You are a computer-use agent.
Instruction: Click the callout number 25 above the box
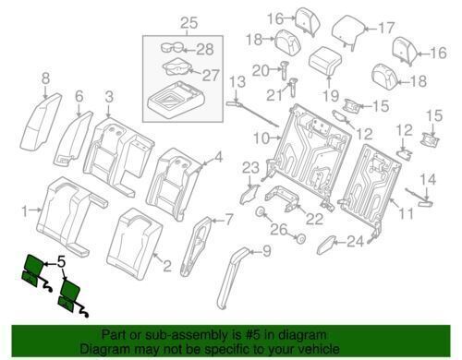tap(188, 23)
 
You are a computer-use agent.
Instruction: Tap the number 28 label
tap(205, 50)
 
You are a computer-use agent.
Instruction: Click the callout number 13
tap(237, 82)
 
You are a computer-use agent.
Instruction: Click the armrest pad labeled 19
tap(326, 61)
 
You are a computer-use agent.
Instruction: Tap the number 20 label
tap(261, 71)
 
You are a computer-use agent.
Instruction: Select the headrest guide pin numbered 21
tap(292, 87)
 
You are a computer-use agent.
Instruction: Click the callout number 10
tap(261, 138)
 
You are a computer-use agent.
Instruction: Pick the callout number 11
tap(406, 213)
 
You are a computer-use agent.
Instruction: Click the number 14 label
tap(429, 179)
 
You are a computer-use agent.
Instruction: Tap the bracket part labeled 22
tap(283, 197)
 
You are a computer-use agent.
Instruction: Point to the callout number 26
tap(279, 230)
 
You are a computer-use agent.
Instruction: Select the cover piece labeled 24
tap(327, 245)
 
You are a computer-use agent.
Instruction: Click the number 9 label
tap(266, 251)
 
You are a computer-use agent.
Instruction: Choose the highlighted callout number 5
tap(61, 262)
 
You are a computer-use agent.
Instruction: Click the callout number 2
tap(167, 266)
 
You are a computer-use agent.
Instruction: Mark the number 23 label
tap(250, 168)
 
